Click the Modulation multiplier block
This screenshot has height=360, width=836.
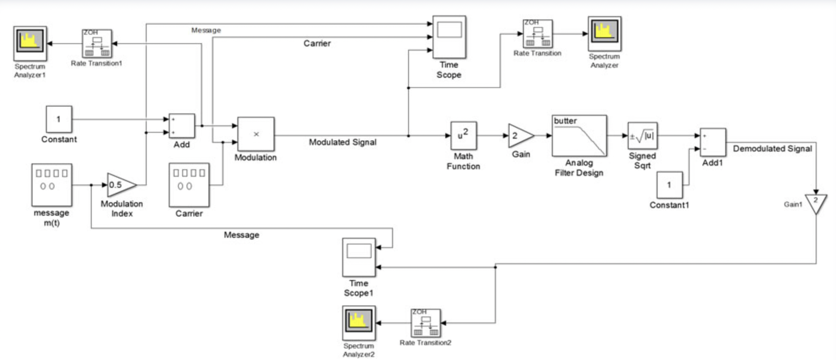point(256,134)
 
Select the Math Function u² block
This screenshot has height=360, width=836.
point(463,135)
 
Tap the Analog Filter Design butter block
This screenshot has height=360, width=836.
point(579,135)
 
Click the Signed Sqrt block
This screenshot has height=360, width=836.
point(642,136)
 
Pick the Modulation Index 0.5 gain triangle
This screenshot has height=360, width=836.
point(120,185)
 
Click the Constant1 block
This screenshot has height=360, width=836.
point(669,185)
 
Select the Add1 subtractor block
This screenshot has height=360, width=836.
point(713,142)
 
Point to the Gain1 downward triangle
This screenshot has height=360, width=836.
point(816,203)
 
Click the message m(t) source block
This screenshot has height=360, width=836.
point(52,185)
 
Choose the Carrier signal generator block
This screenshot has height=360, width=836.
point(189,185)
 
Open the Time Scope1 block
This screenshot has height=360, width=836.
point(359,257)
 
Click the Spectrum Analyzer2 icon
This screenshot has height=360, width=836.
point(359,323)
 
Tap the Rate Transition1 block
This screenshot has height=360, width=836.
point(97,43)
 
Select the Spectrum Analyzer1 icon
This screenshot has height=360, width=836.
point(30,43)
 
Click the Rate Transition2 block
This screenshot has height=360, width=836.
point(425,323)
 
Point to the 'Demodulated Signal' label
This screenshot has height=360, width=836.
point(772,148)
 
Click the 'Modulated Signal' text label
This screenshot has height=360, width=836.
point(343,142)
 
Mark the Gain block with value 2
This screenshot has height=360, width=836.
point(520,136)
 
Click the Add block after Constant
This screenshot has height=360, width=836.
point(182,126)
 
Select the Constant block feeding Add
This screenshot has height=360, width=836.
point(59,119)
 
